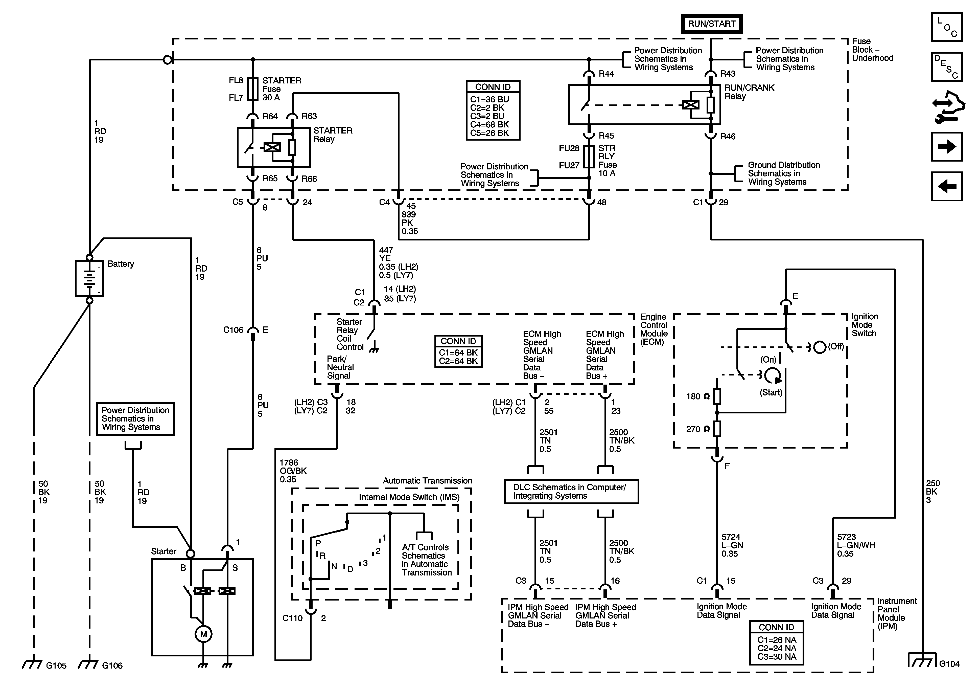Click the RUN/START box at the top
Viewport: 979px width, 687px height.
(x=712, y=24)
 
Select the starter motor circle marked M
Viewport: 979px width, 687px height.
(x=203, y=634)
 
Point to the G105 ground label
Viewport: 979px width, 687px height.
(x=56, y=666)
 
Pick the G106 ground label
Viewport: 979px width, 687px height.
(x=112, y=666)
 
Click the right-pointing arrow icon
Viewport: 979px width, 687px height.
(x=947, y=147)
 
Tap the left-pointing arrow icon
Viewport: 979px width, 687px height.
(x=947, y=186)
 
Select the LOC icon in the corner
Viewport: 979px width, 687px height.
(x=947, y=27)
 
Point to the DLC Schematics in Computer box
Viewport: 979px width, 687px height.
(x=571, y=492)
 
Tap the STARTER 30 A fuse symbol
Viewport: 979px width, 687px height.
(x=253, y=89)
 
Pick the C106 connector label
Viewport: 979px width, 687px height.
(x=233, y=330)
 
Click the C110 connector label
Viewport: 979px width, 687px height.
(x=292, y=618)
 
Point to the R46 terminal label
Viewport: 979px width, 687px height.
(x=728, y=137)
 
